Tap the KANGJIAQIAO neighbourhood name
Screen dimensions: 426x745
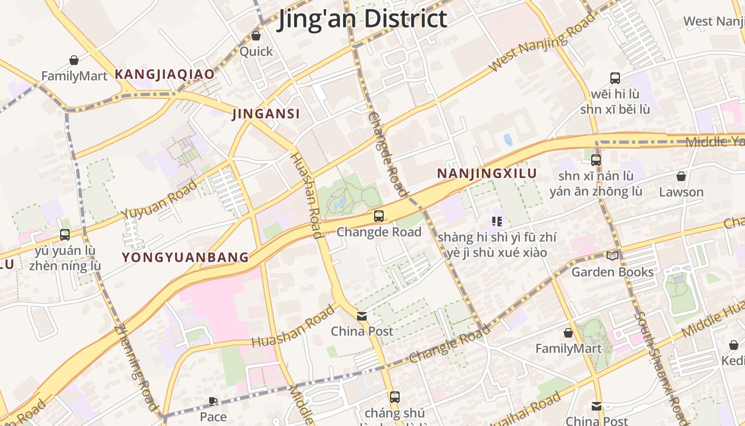pyautogui.click(x=165, y=74)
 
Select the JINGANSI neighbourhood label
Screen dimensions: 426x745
pyautogui.click(x=266, y=113)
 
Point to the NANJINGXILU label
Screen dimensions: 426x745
pyautogui.click(x=487, y=174)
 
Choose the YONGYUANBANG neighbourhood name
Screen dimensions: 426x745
pyautogui.click(x=185, y=258)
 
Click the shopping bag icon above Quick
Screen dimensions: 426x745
pyautogui.click(x=256, y=36)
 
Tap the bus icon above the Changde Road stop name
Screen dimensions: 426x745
pyautogui.click(x=379, y=216)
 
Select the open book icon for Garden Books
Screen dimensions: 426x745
pyautogui.click(x=612, y=256)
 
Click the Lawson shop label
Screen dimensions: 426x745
pyautogui.click(x=681, y=192)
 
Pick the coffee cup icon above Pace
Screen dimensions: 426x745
pyautogui.click(x=213, y=401)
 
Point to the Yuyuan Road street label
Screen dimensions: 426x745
pyautogui.click(x=159, y=200)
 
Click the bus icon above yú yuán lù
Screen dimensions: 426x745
pyautogui.click(x=65, y=234)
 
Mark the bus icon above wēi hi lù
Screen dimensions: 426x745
pyautogui.click(x=615, y=78)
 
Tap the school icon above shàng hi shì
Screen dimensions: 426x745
pyautogui.click(x=497, y=222)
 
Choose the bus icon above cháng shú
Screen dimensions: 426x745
pyautogui.click(x=394, y=397)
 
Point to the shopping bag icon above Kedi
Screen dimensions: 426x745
pyautogui.click(x=734, y=345)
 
